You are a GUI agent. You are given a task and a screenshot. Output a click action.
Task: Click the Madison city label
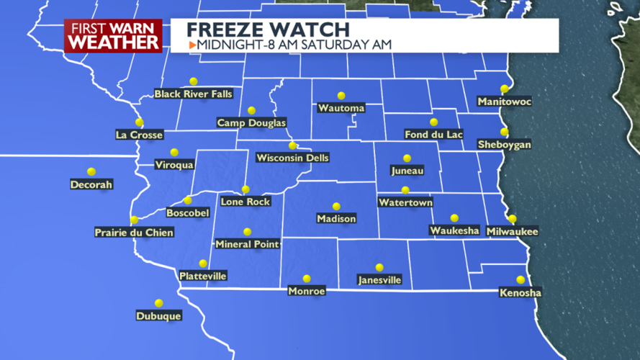[x=336, y=218]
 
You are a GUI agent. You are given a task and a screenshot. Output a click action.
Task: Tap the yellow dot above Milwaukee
[x=513, y=219]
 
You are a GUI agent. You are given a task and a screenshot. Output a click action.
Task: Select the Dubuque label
[x=158, y=315]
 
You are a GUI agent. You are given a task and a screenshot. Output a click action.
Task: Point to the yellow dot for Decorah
[x=91, y=172]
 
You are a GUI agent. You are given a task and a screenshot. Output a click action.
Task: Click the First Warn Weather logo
[x=114, y=35]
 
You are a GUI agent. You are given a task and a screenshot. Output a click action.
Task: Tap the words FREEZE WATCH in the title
[x=268, y=30]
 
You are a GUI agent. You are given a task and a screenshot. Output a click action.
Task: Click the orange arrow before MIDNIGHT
[x=192, y=45]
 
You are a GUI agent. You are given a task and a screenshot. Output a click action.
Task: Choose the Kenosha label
[x=520, y=292]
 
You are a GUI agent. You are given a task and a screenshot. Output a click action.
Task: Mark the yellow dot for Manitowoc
[x=505, y=89]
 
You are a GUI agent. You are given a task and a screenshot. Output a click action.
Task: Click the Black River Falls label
[x=193, y=94]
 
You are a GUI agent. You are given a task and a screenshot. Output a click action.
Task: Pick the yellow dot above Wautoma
[x=341, y=96]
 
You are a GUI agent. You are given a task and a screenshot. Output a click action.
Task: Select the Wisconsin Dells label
[x=292, y=158]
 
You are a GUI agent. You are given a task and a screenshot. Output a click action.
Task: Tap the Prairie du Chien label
[x=134, y=232]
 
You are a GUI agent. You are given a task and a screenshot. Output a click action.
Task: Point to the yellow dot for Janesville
[x=379, y=268]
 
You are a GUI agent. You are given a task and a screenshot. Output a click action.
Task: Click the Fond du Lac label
[x=433, y=135]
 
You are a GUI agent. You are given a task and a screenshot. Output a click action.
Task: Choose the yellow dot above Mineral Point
[x=247, y=232]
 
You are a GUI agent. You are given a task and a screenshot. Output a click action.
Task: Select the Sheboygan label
[x=505, y=145]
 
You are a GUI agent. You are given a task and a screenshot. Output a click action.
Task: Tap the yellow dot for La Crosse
[x=139, y=122]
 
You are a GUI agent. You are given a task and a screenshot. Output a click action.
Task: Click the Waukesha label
[x=454, y=230]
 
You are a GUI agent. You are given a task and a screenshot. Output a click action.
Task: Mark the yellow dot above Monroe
[x=307, y=279]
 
